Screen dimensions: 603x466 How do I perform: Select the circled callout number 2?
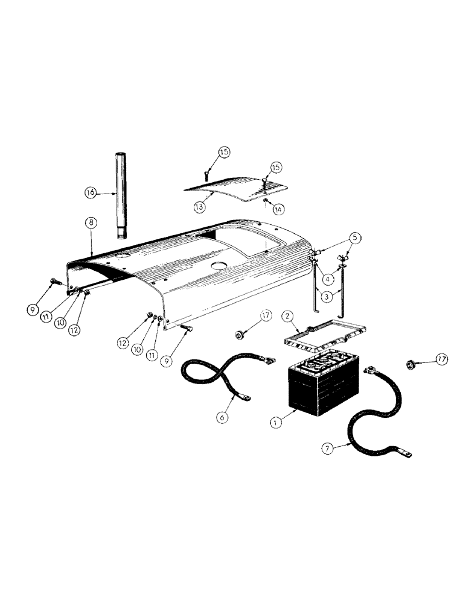pos(289,316)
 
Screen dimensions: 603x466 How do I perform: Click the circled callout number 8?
pos(90,222)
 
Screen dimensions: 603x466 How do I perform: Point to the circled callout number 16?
pos(90,193)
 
